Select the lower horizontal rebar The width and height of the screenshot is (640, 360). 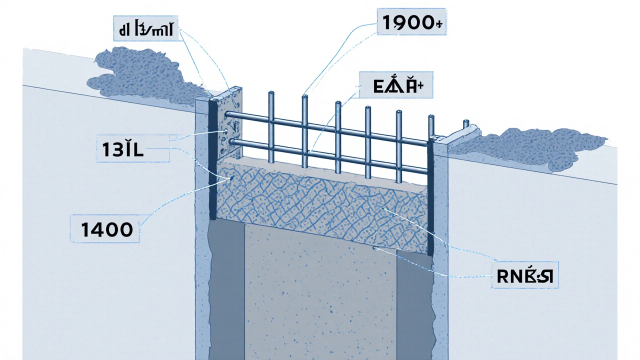pos(325,156)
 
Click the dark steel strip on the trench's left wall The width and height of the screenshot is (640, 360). pos(212,160)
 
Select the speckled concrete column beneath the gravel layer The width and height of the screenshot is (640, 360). pos(320,295)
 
